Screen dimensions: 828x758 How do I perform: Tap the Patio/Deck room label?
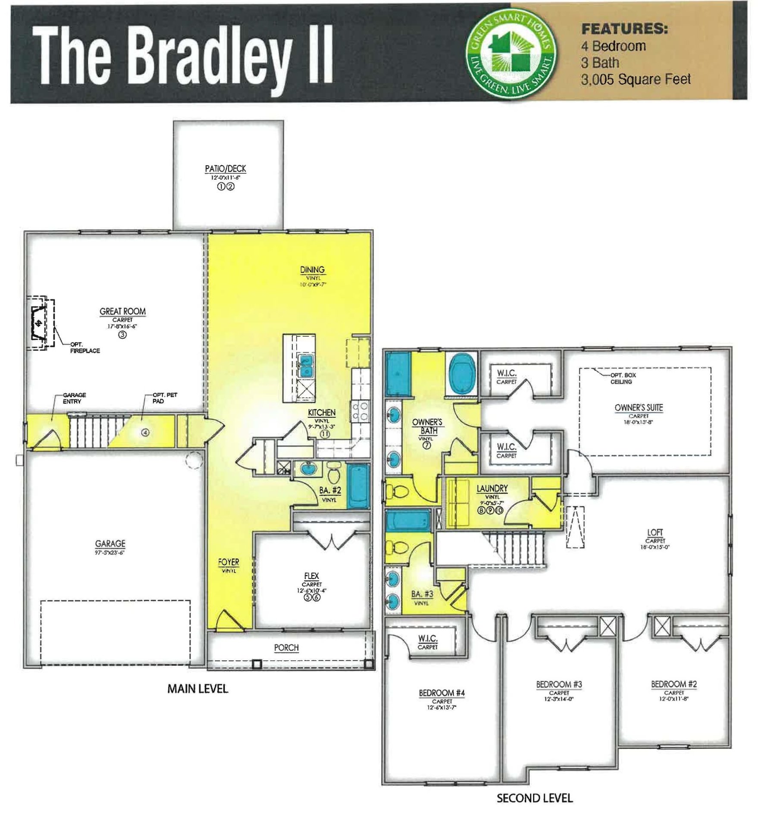pos(226,169)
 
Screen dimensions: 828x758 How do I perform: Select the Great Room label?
pos(122,311)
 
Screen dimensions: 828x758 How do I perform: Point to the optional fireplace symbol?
pos(39,323)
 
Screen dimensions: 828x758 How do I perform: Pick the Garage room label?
pos(111,544)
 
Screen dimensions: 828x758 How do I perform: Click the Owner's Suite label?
pos(639,408)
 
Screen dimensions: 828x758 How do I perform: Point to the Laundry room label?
pos(492,489)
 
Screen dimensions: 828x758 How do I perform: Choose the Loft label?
pos(655,533)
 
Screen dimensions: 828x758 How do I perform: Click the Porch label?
pos(286,648)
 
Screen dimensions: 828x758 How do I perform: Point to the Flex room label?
pos(311,577)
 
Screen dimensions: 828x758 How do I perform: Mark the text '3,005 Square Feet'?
pos(636,80)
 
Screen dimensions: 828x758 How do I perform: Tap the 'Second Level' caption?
pos(535,798)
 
